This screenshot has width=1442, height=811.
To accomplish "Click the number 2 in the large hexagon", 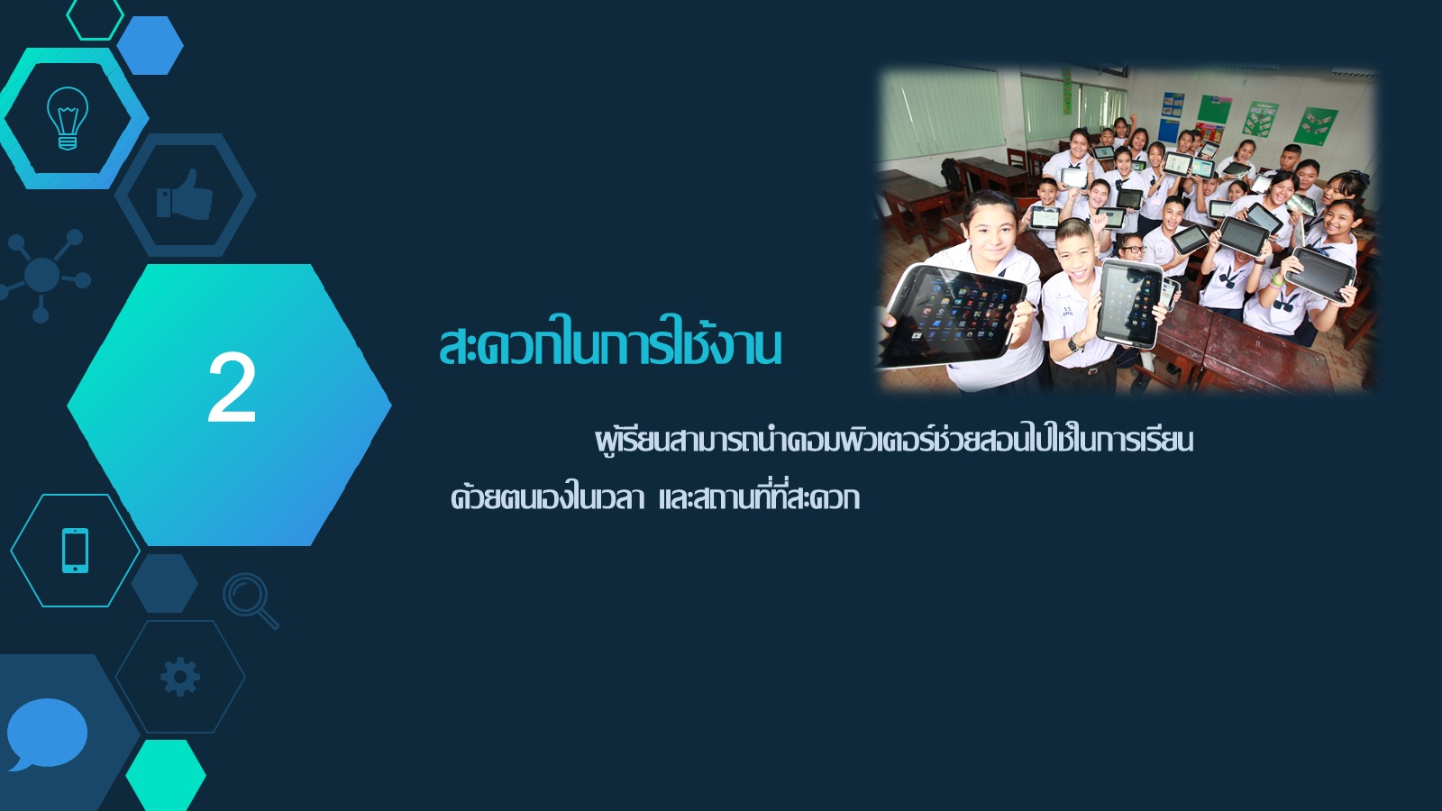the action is [x=232, y=387].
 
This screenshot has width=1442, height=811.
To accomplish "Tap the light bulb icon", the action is [x=68, y=118].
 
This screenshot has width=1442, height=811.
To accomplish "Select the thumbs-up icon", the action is [x=185, y=195].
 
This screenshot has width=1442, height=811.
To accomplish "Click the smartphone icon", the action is [x=76, y=551].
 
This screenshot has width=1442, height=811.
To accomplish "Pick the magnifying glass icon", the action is [x=250, y=600].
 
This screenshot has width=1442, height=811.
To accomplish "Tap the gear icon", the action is [x=180, y=677].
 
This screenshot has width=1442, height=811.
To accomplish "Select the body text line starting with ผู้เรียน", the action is [x=894, y=441].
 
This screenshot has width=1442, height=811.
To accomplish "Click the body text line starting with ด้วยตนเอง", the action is [x=655, y=497].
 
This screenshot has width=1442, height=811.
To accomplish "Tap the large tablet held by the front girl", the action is [x=953, y=315].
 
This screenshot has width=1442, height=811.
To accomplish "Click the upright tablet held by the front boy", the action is [x=1130, y=304].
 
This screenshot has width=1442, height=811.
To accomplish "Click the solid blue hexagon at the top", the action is [x=150, y=45].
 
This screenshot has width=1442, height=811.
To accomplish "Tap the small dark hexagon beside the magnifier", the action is [x=165, y=583].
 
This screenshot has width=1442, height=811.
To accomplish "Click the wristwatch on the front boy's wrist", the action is [x=1072, y=343].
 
